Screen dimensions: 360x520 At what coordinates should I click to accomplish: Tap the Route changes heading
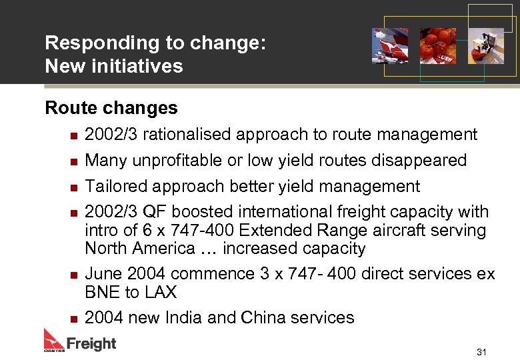point(111,107)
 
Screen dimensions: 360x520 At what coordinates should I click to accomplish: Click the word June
point(104,274)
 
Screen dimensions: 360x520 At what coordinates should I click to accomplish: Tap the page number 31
point(481,351)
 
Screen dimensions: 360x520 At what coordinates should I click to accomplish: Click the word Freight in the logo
point(91,344)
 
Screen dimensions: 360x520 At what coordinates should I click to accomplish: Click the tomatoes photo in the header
point(437,46)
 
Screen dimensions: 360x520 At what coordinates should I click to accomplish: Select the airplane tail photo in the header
point(390,46)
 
